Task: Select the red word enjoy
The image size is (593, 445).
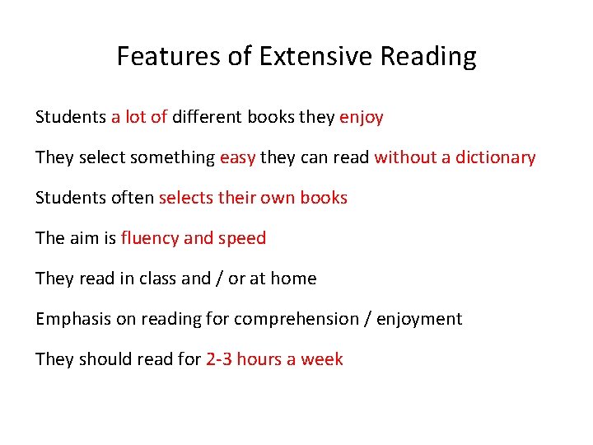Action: pos(362,118)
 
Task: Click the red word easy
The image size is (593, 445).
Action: pos(237,158)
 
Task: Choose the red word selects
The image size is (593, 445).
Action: pos(185,198)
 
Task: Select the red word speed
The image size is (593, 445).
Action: pos(242,239)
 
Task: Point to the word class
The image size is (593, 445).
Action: pos(156,279)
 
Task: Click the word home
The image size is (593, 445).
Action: pos(294,279)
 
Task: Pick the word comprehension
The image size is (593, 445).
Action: pos(296,320)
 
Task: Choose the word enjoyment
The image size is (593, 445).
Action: pos(419,320)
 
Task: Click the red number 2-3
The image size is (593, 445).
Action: pos(218,359)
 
